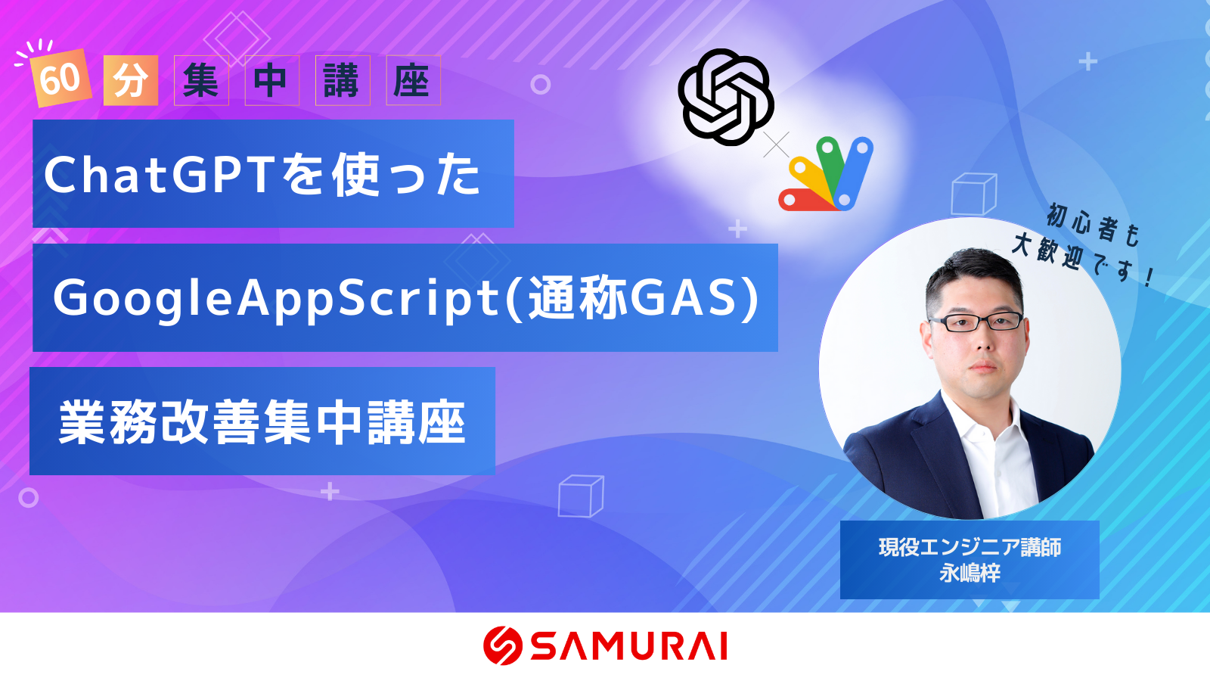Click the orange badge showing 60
(60, 79)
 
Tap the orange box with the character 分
(131, 80)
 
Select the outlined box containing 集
(201, 80)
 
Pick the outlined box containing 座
(413, 80)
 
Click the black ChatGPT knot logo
(725, 98)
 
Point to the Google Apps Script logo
(825, 174)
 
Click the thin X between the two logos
(776, 145)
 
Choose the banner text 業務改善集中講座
(262, 422)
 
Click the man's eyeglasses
(976, 322)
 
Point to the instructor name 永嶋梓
(970, 573)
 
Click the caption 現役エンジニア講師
(970, 548)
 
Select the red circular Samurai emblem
(502, 645)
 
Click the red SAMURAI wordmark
(628, 646)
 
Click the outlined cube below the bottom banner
(581, 496)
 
